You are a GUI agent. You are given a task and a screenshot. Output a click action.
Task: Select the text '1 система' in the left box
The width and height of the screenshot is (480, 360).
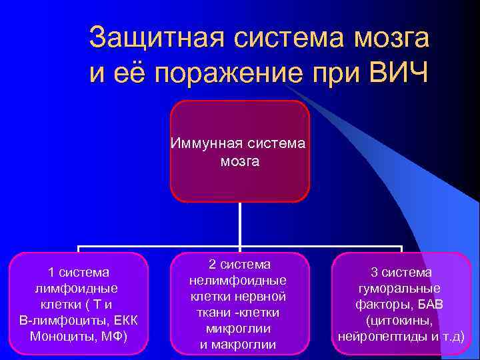(x=78, y=272)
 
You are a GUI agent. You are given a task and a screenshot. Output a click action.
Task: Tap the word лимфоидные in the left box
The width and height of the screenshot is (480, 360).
(x=78, y=288)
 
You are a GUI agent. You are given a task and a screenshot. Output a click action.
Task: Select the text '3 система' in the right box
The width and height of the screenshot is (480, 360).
(x=401, y=272)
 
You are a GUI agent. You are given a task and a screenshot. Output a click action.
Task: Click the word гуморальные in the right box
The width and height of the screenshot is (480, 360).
(x=401, y=288)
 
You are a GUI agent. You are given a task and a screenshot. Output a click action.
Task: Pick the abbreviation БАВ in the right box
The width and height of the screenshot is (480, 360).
(x=429, y=304)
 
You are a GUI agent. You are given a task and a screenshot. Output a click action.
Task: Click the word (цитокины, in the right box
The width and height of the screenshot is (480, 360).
(x=401, y=319)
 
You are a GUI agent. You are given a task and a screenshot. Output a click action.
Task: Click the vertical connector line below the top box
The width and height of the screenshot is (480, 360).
(x=239, y=223)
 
